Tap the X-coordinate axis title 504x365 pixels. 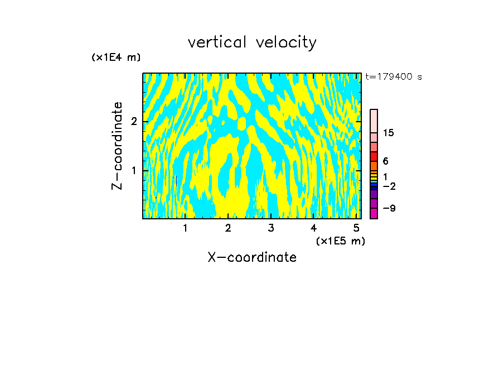252,257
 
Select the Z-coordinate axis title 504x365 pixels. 117,146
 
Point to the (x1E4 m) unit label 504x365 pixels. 116,57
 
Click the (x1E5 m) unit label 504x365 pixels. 340,241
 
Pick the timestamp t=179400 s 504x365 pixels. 394,77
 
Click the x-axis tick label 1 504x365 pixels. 185,228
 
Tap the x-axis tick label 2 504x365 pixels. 228,228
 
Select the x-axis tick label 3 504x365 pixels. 271,228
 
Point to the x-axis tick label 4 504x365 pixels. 314,228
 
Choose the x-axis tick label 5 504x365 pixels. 356,228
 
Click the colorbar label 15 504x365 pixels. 389,133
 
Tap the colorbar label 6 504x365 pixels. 385,161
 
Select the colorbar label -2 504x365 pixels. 389,186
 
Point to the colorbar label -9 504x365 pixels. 389,208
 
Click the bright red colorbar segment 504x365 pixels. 374,156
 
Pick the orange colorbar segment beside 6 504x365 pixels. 374,166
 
